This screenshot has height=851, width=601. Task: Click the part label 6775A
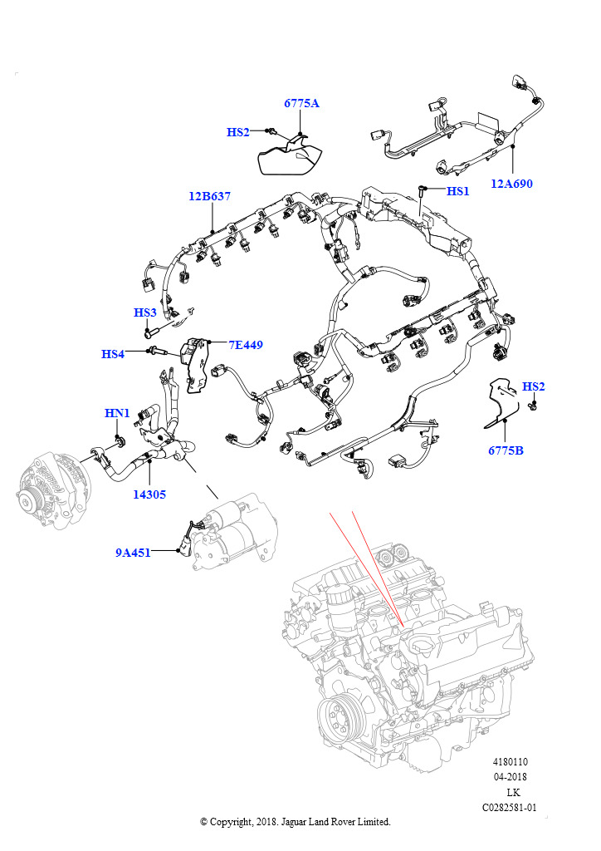[x=301, y=104]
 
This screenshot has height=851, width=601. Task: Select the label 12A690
[x=511, y=184]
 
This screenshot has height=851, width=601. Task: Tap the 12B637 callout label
[x=209, y=197]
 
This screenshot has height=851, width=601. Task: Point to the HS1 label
[x=458, y=191]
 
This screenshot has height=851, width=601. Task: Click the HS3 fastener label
[x=145, y=312]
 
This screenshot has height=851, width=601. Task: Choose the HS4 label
[x=113, y=354]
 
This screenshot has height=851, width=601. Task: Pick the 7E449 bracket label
[x=246, y=344]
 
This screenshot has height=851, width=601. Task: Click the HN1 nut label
[x=117, y=413]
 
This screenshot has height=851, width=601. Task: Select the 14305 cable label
[x=149, y=494]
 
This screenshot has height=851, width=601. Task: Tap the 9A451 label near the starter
[x=133, y=552]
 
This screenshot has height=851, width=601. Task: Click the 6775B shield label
[x=506, y=451]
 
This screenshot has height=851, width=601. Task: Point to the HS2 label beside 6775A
[x=238, y=132]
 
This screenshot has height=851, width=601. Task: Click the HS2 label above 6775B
[x=534, y=386]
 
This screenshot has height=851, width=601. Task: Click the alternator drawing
[x=50, y=491]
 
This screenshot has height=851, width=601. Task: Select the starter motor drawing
[x=232, y=532]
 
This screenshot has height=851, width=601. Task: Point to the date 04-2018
[x=510, y=777]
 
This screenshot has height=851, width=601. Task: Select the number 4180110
[x=510, y=762]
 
